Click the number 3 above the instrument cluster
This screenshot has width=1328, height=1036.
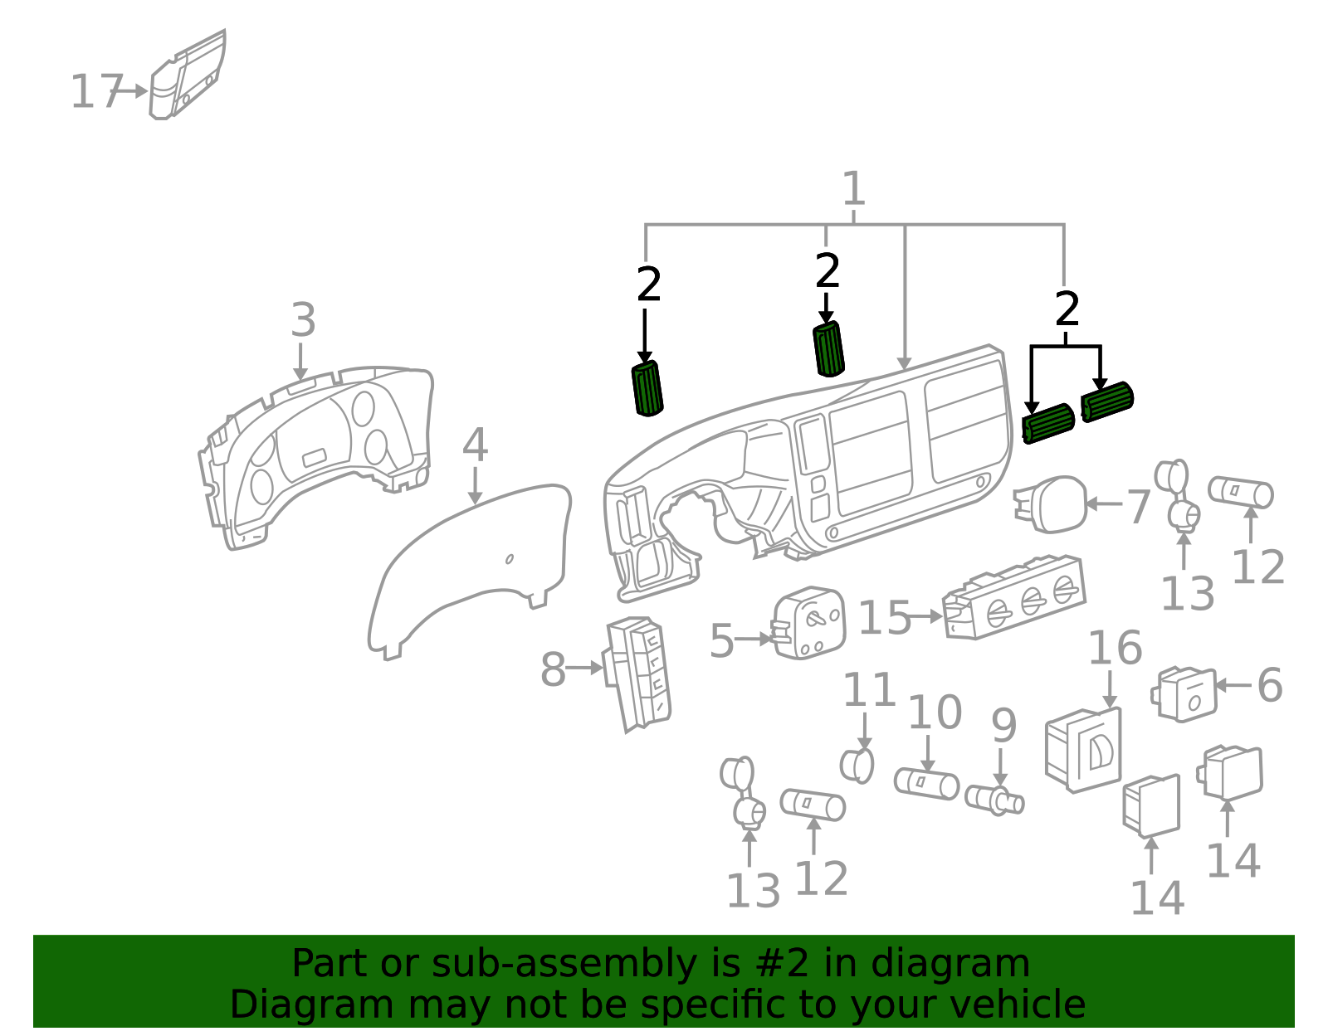(303, 320)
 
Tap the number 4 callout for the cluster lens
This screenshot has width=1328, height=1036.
(474, 445)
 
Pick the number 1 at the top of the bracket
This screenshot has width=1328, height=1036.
(853, 189)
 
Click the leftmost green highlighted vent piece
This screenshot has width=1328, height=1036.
(647, 388)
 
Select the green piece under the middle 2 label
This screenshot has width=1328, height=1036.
(828, 348)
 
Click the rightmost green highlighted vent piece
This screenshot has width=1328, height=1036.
(1107, 401)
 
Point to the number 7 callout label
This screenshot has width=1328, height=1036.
(1138, 506)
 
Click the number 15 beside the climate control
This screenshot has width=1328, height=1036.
(883, 618)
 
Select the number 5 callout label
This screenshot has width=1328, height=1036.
(721, 641)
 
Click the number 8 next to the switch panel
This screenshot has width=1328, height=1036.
(553, 669)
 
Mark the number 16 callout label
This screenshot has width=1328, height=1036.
(1115, 648)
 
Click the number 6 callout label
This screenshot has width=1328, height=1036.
(1269, 685)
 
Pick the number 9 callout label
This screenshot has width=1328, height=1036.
(1003, 726)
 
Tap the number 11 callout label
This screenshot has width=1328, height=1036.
(869, 690)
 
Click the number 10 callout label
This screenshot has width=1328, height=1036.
(935, 713)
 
